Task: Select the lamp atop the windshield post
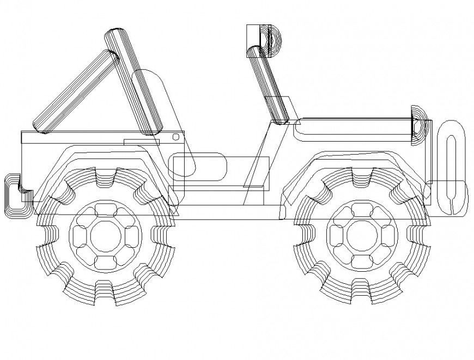coord(264,40)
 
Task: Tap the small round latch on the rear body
coord(175,136)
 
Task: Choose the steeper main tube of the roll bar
coord(133,82)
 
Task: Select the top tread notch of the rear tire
coord(106,175)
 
